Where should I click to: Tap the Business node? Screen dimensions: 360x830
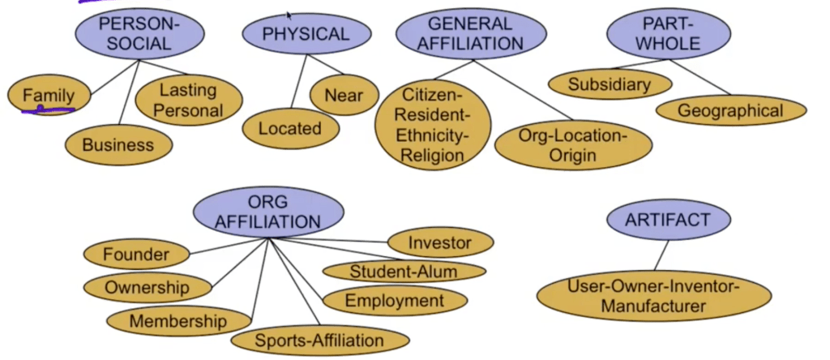coord(118,145)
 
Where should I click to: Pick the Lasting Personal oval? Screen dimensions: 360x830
coord(188,100)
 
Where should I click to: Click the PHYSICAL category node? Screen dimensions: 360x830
coord(306,34)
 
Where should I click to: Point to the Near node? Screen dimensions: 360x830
coord(344,95)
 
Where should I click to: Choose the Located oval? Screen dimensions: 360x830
coord(290,128)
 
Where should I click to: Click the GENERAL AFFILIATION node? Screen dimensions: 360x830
coord(470,34)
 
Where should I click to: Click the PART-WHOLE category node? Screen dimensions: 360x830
coord(669,34)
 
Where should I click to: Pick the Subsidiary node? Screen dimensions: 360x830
coord(610,84)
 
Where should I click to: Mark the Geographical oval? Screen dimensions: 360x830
coord(730,110)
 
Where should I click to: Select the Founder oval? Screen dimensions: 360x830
coord(136,254)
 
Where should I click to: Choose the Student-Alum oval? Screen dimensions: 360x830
coord(404,272)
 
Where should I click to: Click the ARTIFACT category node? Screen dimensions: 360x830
coord(668,219)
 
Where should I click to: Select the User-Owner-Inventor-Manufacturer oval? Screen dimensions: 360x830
coord(653,296)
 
